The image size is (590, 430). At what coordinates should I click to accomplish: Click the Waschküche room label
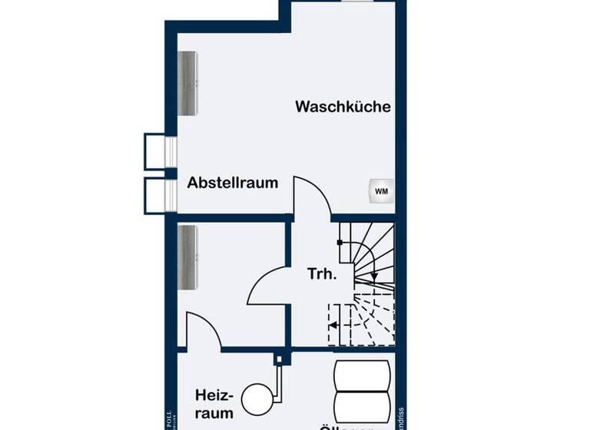[x=343, y=107]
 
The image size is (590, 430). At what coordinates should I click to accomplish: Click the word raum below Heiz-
[x=214, y=414]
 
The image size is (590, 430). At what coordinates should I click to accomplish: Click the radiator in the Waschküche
[x=188, y=83]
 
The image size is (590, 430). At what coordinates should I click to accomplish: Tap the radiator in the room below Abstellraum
[x=188, y=257]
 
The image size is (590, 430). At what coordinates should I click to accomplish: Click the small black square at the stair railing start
[x=339, y=243]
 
